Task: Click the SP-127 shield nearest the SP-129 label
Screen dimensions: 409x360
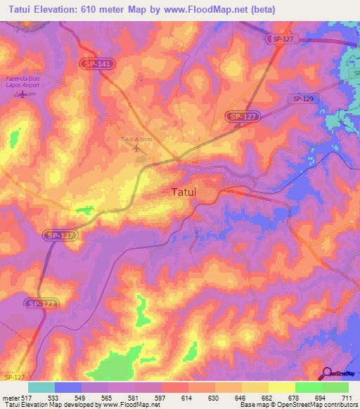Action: (x=242, y=116)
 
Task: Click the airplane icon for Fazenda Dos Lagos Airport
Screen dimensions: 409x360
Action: (x=22, y=93)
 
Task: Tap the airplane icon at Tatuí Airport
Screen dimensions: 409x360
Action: (x=136, y=149)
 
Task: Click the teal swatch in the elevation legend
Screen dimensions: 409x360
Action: (x=41, y=387)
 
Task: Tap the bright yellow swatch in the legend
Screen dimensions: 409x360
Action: (x=281, y=387)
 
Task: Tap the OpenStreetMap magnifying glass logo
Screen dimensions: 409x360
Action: (x=328, y=373)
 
